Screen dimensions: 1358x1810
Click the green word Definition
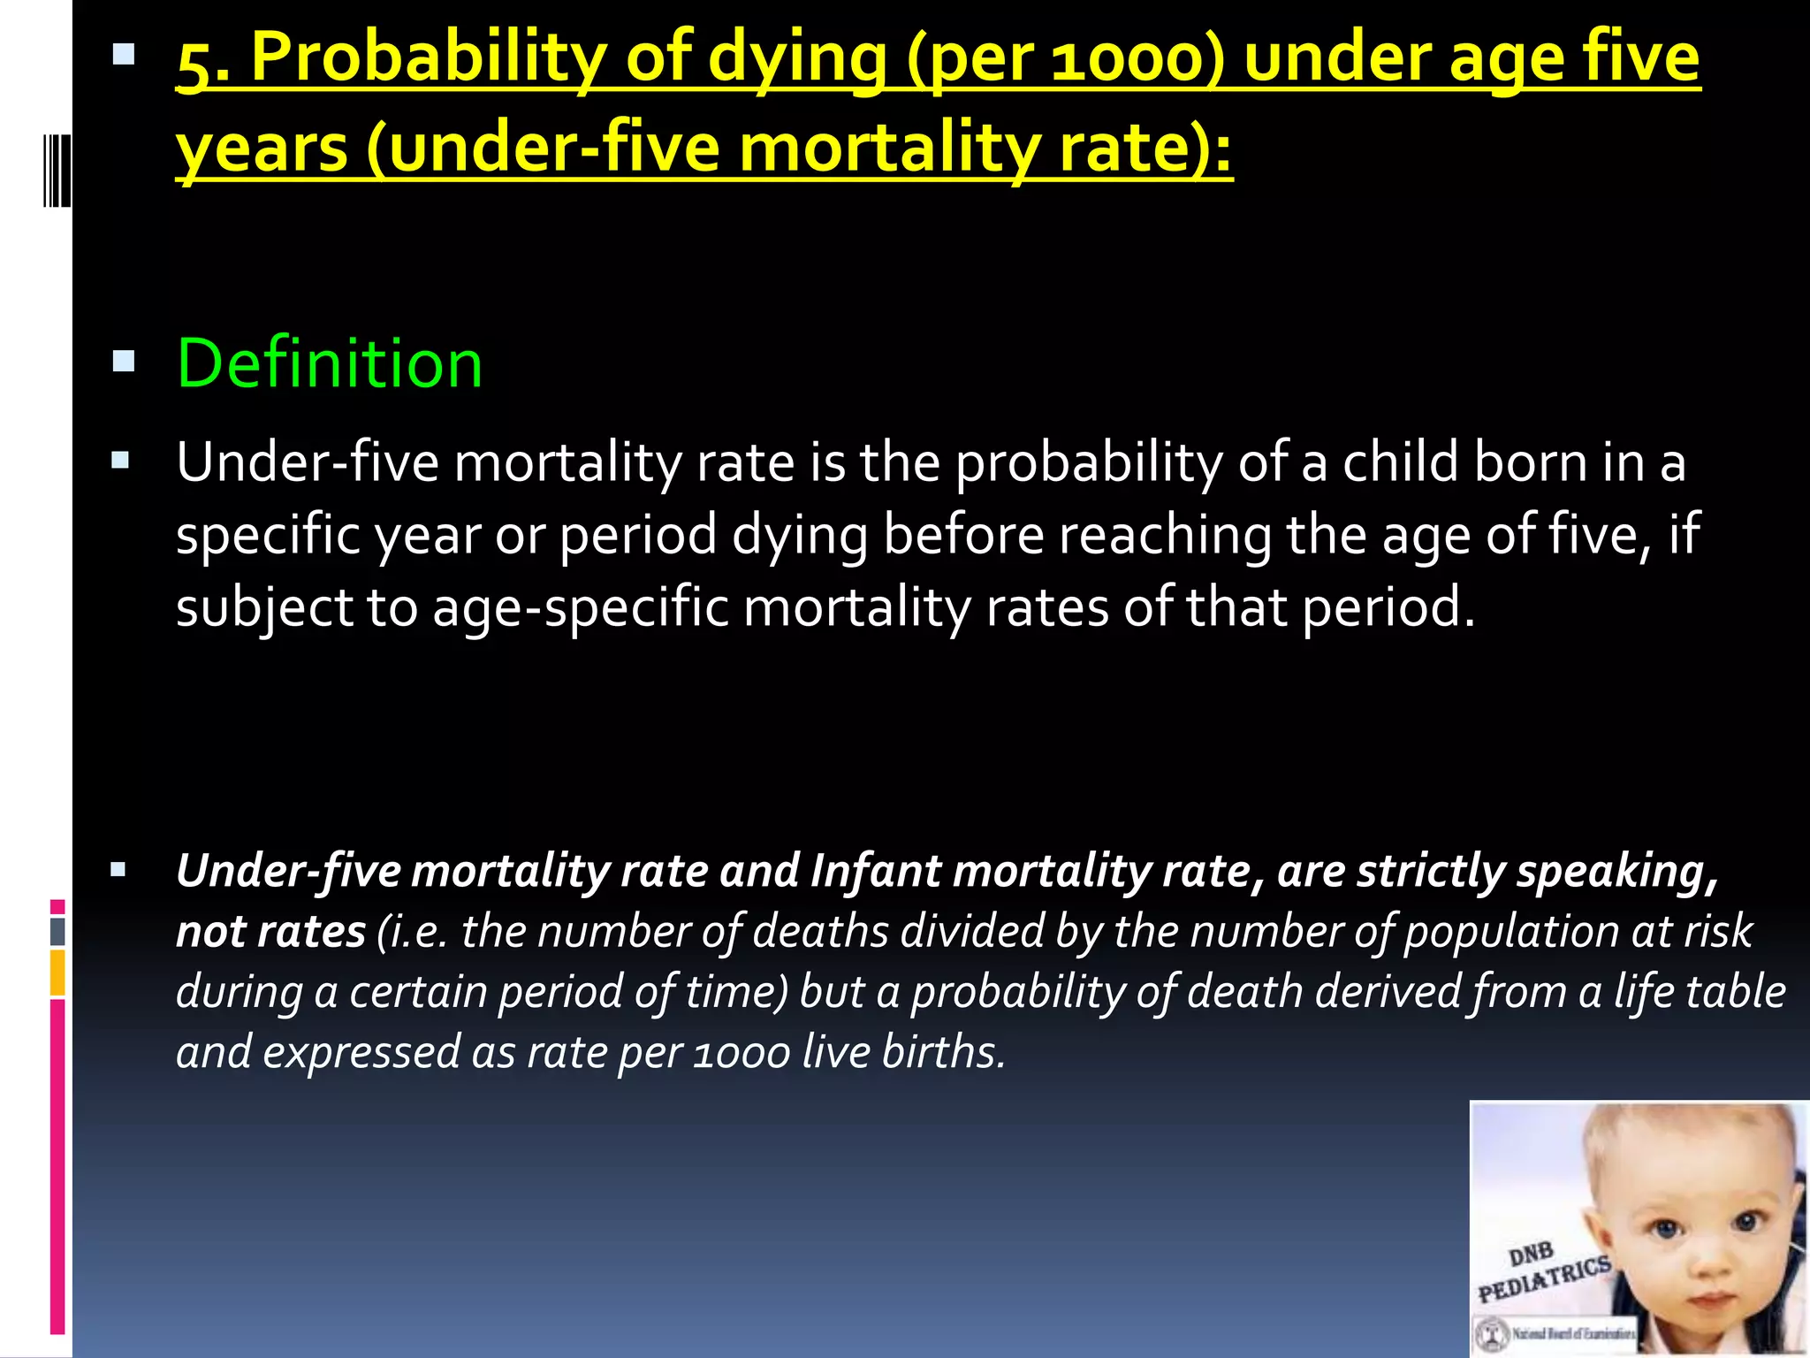coord(330,363)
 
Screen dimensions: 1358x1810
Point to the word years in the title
coord(262,149)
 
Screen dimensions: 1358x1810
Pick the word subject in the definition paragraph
coord(264,608)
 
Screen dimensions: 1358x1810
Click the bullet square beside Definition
coord(124,361)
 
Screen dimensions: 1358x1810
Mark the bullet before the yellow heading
coord(124,57)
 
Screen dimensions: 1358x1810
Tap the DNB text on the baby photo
coord(1531,1254)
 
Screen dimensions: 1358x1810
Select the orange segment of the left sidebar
coord(57,973)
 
